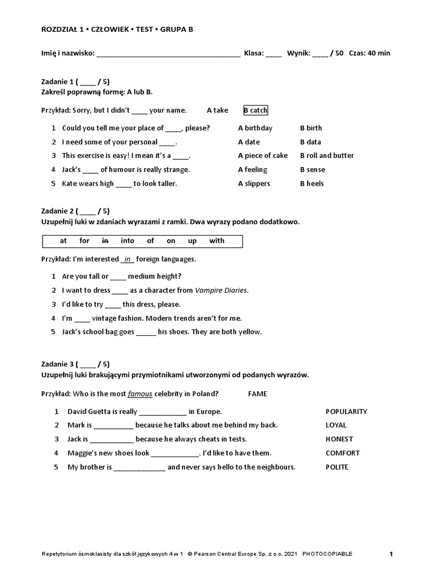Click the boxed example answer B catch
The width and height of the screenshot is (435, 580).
[x=255, y=110]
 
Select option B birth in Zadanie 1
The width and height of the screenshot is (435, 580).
[x=311, y=128]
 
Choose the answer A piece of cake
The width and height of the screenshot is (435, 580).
[x=263, y=156]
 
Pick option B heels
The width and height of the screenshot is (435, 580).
[x=312, y=184]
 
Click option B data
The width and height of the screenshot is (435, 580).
[x=310, y=142]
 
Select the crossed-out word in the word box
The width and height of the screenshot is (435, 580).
[x=105, y=241]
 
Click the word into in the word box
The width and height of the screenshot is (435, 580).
[x=127, y=241]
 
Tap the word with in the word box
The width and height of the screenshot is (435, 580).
[x=217, y=241]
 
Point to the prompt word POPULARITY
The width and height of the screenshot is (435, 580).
[x=346, y=412]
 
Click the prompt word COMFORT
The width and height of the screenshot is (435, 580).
[x=343, y=453]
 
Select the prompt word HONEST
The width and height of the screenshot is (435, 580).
[x=339, y=439]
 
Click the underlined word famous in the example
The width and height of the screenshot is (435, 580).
[x=140, y=394]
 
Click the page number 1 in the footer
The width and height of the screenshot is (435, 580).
[x=391, y=554]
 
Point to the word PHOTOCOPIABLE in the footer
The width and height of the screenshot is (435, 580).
[x=327, y=554]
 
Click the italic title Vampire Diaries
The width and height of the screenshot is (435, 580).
[x=221, y=291]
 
